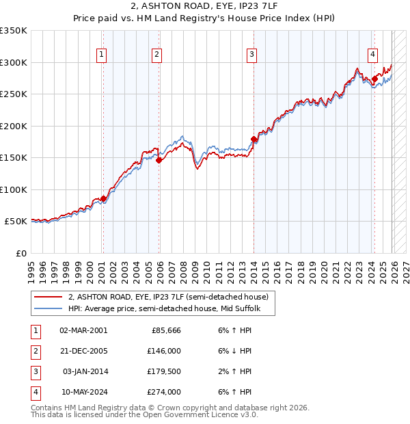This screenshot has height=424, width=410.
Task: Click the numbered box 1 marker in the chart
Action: coord(101,55)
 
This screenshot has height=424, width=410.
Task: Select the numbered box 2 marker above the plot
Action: coord(157,55)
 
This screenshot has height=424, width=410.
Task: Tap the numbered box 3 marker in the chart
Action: coord(251,55)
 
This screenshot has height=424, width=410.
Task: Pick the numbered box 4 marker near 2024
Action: coord(372,55)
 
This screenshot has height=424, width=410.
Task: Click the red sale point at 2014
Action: coord(254,140)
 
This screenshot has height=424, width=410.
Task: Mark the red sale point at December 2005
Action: coord(159,161)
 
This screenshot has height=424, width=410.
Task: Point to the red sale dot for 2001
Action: coord(103,199)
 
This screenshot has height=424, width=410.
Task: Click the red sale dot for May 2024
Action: coord(374,79)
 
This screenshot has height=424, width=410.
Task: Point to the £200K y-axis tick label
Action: coord(14,126)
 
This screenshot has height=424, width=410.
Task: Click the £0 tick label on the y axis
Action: coord(20,253)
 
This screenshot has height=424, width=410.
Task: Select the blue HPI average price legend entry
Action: coord(170,309)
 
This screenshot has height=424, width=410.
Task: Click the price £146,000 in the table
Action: coord(165,350)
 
